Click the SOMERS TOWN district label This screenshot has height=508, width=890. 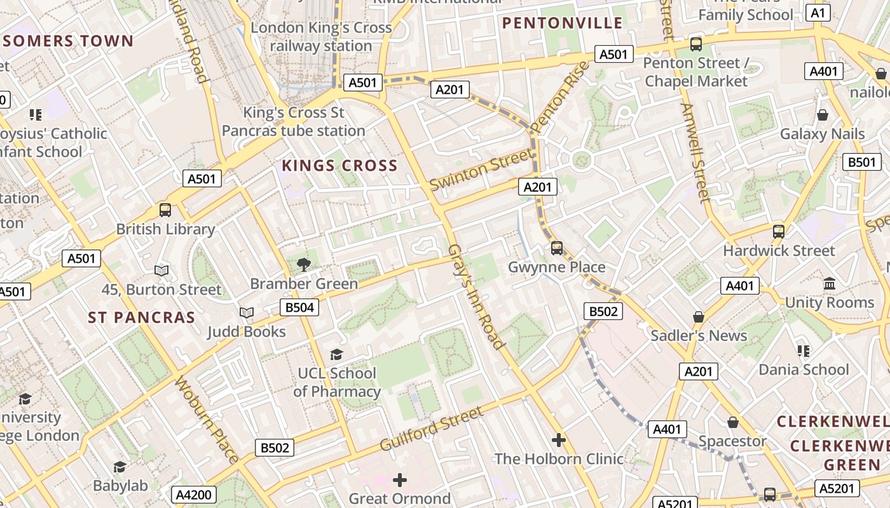pos(68,42)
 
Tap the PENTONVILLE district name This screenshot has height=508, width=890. pos(563,23)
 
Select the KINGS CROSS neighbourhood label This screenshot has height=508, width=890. pos(339,166)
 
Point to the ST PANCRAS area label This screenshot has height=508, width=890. pos(141,317)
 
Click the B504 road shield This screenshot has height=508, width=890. pos(299,308)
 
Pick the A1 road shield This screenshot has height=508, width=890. pos(818,13)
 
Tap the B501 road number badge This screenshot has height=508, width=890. pos(862,162)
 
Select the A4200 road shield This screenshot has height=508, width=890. pos(195,495)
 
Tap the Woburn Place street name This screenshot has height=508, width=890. pos(207,420)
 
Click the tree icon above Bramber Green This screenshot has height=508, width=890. pos(304,264)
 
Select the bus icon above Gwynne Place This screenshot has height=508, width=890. pos(557,248)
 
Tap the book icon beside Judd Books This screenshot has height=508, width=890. pos(246,312)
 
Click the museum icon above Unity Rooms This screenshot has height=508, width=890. pos(830,284)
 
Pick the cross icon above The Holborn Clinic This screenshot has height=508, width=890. pos(559,439)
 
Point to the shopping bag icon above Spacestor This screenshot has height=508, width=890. pos(733,422)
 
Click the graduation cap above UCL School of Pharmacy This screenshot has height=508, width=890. pos(336,354)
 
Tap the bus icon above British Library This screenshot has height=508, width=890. pos(165,210)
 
